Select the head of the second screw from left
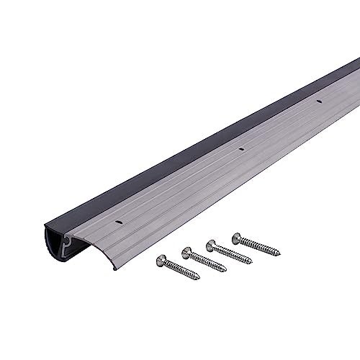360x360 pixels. click(186, 251)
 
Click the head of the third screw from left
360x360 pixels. click(211, 243)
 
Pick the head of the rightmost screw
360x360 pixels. click(236, 235)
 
